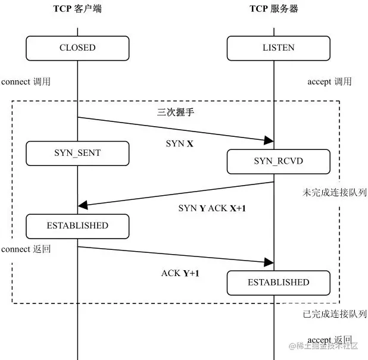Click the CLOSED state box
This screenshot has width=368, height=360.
click(77, 48)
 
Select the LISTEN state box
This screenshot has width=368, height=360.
click(278, 48)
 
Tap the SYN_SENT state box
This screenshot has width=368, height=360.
click(77, 153)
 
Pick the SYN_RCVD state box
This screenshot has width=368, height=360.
click(278, 161)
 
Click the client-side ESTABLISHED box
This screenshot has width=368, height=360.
click(77, 226)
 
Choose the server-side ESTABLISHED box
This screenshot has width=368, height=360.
click(278, 283)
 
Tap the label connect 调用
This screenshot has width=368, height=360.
click(26, 82)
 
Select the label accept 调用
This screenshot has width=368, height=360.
click(329, 82)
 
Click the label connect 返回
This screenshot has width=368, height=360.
click(26, 249)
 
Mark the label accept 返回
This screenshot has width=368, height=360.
click(329, 340)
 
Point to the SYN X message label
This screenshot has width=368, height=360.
click(179, 144)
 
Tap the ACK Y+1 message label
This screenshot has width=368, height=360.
click(180, 274)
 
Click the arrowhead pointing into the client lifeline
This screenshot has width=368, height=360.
click(83, 205)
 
